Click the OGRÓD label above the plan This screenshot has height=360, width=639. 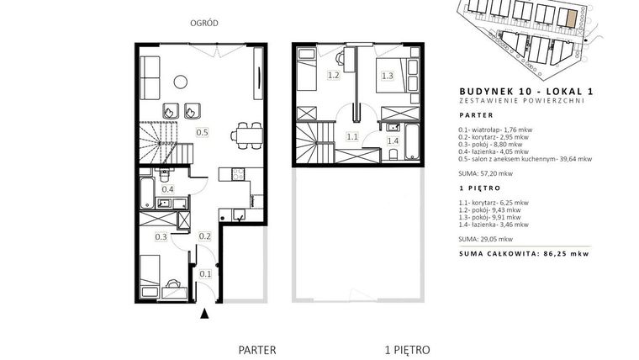tap(204, 24)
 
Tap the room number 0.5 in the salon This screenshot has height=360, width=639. tap(203, 132)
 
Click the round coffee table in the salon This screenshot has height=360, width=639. tap(180, 82)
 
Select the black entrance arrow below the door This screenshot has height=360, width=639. tap(203, 315)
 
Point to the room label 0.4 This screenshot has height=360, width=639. tap(167, 189)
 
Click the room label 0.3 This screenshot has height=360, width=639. tap(161, 237)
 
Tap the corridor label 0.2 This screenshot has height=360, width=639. tap(203, 237)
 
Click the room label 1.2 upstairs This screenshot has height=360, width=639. tap(332, 76)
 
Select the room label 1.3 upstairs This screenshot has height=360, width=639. tap(388, 76)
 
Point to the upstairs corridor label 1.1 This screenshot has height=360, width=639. tap(352, 135)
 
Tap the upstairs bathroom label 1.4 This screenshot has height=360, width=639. tap(393, 140)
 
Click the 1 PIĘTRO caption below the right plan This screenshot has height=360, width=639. tap(407, 347)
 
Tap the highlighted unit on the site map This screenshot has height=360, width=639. tap(571, 18)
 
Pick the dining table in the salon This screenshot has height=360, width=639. tap(245, 134)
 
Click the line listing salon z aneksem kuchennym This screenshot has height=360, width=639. tap(525, 158)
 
